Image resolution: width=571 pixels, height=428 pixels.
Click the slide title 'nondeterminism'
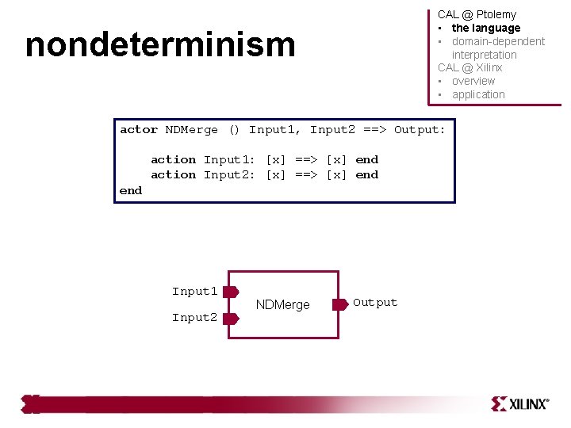point(160,45)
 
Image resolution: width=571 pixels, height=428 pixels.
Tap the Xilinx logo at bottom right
point(520,403)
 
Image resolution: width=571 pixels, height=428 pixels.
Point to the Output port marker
point(339,303)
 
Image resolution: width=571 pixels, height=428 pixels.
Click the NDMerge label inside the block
point(282,305)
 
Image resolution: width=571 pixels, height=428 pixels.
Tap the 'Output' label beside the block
point(375,302)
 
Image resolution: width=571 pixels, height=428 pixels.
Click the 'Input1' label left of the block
point(194,292)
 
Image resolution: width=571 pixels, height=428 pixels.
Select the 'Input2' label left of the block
point(194,318)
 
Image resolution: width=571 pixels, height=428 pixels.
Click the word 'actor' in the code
point(138,130)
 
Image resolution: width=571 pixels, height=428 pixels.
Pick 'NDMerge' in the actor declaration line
point(191,130)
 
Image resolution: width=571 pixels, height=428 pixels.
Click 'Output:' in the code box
point(420,130)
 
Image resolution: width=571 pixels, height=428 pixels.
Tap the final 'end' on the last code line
point(131,190)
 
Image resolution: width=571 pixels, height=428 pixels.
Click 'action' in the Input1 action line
point(173,160)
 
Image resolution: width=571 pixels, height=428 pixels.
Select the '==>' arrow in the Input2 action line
point(306,175)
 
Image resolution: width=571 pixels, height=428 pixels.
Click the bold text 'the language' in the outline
point(486,28)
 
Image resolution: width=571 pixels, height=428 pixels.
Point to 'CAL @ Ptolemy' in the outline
point(477,14)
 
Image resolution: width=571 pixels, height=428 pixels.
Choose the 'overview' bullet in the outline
point(473,81)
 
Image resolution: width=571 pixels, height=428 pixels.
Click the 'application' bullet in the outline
point(478,94)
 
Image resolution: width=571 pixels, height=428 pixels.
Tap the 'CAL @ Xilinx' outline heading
point(469,67)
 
